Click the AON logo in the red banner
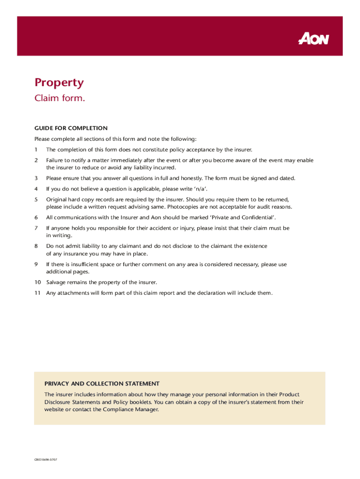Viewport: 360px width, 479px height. tap(314, 39)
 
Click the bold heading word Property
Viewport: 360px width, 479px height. tap(59, 83)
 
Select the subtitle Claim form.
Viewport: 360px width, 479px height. tap(60, 98)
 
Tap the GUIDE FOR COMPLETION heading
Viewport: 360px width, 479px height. tap(71, 128)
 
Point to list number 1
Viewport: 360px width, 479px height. tap(36, 150)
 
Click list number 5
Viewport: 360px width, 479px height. tap(36, 199)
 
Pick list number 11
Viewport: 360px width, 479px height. tap(37, 293)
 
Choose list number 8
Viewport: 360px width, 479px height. tap(36, 246)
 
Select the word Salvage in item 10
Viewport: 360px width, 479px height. tap(57, 283)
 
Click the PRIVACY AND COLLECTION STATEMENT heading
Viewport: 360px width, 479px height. tap(102, 384)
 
